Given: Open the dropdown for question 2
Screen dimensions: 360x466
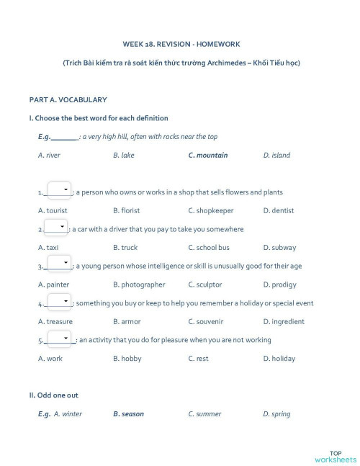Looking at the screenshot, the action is (56, 228).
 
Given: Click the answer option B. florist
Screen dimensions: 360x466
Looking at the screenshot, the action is (126, 210).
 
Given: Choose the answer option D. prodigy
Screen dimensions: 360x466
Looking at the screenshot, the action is (279, 284).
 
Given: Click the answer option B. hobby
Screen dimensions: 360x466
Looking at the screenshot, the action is (127, 359).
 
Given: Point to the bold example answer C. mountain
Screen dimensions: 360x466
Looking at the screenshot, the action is (207, 155).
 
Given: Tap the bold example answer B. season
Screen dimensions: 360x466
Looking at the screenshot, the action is (128, 414).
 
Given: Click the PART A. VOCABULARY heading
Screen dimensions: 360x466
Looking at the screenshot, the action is (68, 99).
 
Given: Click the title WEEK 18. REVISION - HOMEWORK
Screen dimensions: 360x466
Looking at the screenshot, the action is (181, 42).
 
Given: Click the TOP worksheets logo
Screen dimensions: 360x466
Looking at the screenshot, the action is (335, 455).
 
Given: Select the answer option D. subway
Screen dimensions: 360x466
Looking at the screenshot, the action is (279, 248).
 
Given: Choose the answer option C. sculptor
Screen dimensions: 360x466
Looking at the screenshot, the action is (205, 284).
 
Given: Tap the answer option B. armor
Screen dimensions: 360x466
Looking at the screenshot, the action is (126, 322).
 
